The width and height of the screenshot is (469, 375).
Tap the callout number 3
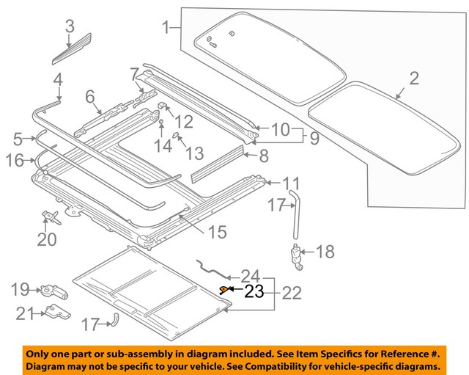pos(70,27)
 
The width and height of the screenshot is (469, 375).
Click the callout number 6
pos(90,97)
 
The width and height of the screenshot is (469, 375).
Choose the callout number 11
pos(292,183)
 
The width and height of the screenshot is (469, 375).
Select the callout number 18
pos(324,252)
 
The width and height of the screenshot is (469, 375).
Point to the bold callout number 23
pos(253,291)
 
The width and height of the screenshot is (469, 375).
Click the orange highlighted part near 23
pos(224,289)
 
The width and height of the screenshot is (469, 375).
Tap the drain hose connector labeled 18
pos(297,256)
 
